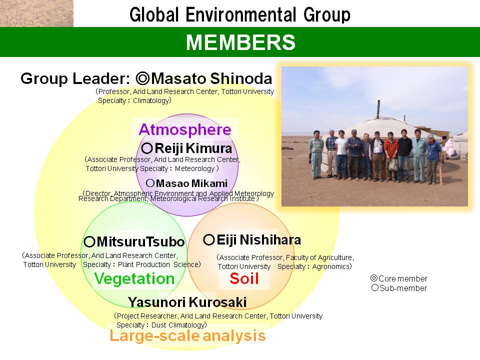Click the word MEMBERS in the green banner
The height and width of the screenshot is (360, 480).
[240, 42]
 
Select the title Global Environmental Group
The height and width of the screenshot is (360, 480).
[240, 14]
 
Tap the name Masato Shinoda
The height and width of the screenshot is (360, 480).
[211, 78]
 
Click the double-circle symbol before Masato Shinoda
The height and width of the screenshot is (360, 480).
[142, 78]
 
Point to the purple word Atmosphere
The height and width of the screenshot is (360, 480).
[185, 129]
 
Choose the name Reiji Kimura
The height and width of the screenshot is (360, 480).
[193, 148]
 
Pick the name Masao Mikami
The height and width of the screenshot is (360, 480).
[191, 183]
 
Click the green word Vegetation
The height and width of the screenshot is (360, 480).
[134, 278]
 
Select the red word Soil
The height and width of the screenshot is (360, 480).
[244, 278]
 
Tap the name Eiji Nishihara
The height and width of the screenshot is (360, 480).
[258, 240]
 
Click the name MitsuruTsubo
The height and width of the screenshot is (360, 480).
[140, 242]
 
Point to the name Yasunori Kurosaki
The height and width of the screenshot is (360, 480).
[187, 302]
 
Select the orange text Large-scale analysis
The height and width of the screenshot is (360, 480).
[187, 335]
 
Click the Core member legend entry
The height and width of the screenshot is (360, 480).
[399, 278]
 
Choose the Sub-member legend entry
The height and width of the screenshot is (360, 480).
[399, 288]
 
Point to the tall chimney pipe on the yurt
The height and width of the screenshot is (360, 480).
[378, 109]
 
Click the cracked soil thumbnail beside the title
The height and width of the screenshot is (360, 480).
[36, 13]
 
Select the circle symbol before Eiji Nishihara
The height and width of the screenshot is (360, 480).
[209, 239]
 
